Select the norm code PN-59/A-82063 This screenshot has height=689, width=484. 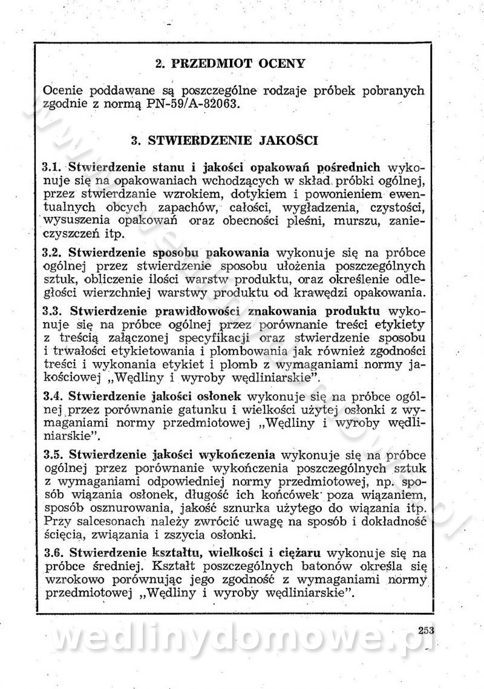pyautogui.click(x=197, y=104)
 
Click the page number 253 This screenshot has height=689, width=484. pyautogui.click(x=426, y=630)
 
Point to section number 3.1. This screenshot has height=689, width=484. pyautogui.click(x=53, y=166)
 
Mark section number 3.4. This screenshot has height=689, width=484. pyautogui.click(x=53, y=396)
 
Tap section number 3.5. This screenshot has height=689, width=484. pyautogui.click(x=53, y=453)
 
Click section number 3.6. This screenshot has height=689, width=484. pyautogui.click(x=53, y=552)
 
